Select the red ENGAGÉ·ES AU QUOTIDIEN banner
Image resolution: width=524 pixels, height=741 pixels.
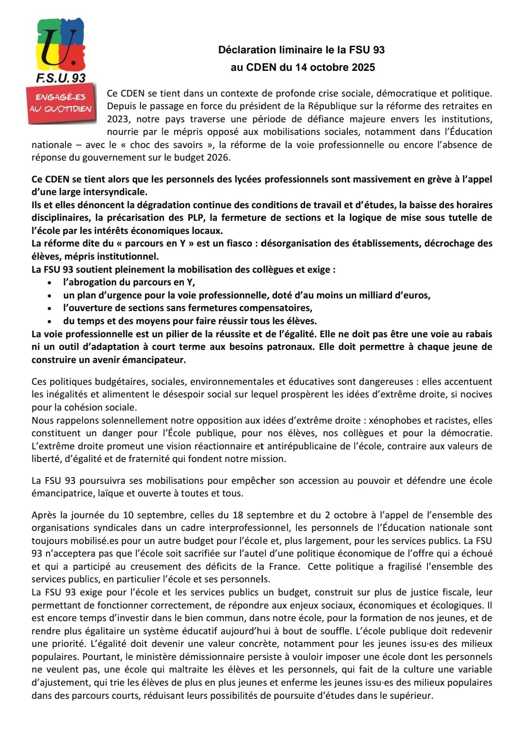click(61, 103)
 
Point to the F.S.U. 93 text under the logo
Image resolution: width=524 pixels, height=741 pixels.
click(61, 78)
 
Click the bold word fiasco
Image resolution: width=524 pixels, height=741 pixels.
click(233, 244)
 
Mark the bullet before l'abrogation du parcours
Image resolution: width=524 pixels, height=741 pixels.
click(50, 282)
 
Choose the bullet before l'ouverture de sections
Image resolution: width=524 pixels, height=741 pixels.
click(50, 308)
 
